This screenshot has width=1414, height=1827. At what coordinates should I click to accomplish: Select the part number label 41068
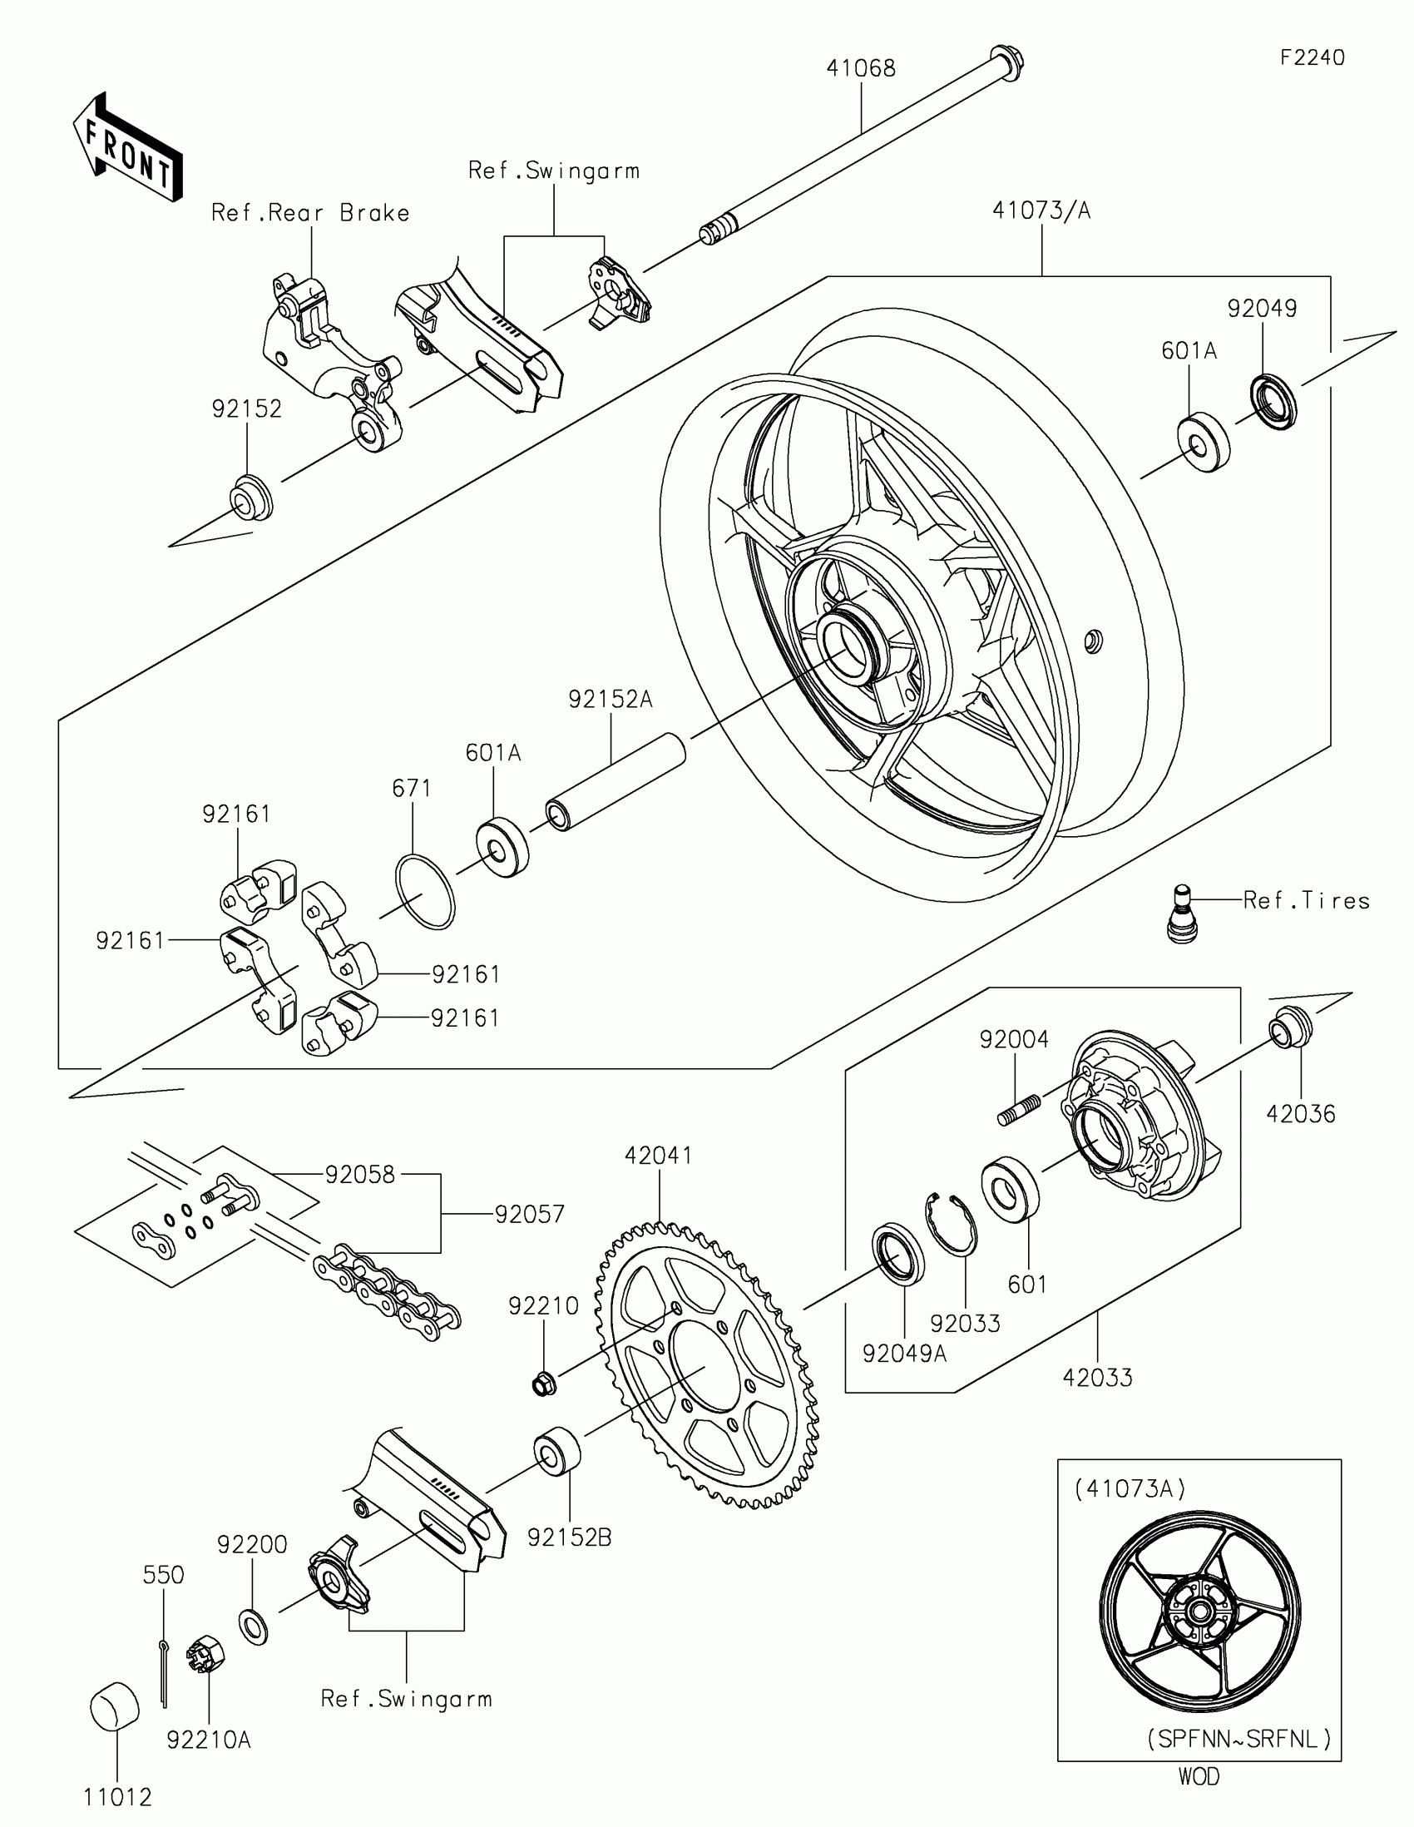pos(860,68)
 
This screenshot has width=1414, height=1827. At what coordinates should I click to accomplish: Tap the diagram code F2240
pos(1312,57)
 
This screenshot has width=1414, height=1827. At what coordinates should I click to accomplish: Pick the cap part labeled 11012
pos(115,1706)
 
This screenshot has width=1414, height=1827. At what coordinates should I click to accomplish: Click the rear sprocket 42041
pos(705,1366)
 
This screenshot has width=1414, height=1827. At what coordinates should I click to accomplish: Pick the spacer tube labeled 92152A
pos(616,781)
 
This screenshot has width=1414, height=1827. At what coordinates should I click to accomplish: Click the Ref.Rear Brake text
pos(310,212)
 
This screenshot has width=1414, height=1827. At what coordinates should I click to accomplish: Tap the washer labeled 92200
pos(254,1626)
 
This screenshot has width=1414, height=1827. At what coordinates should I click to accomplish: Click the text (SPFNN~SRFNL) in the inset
pos(1239,1739)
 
